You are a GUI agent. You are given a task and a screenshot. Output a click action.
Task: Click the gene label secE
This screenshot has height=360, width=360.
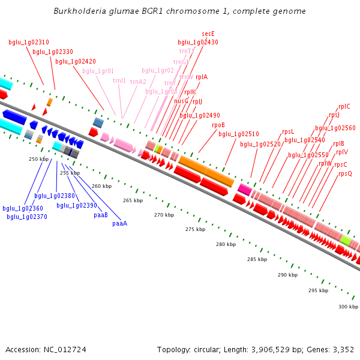(x=208, y=34)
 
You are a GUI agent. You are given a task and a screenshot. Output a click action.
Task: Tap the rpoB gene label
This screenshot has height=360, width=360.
(x=218, y=125)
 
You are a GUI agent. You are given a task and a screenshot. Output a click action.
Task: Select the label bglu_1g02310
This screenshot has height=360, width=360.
(x=29, y=43)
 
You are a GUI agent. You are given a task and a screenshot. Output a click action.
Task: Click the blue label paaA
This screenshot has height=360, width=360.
(x=120, y=223)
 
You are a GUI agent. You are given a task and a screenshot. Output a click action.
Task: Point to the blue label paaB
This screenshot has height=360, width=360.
(x=101, y=214)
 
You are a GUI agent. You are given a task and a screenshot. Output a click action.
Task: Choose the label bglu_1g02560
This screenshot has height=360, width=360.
(x=335, y=128)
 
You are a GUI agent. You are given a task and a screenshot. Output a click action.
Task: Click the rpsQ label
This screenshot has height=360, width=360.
(x=345, y=173)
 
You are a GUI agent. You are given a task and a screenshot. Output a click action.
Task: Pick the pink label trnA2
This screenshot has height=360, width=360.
(x=138, y=82)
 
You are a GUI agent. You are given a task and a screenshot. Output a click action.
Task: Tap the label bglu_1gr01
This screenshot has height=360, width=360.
(x=98, y=71)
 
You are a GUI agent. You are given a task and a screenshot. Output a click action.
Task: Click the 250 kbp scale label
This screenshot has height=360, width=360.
(x=38, y=159)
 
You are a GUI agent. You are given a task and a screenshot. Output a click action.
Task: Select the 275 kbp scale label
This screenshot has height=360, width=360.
(x=195, y=229)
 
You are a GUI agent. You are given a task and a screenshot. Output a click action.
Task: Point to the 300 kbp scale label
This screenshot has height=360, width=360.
(x=348, y=307)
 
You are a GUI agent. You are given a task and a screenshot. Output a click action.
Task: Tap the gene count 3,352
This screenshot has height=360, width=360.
(x=342, y=349)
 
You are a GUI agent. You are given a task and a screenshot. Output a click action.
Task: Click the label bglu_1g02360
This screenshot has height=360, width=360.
(x=23, y=208)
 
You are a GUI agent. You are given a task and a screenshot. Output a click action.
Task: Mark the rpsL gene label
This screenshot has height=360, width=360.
(x=288, y=132)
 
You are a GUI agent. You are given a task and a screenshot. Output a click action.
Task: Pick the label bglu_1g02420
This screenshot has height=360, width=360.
(x=76, y=61)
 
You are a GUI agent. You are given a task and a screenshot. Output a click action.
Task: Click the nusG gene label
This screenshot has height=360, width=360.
(x=181, y=101)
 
